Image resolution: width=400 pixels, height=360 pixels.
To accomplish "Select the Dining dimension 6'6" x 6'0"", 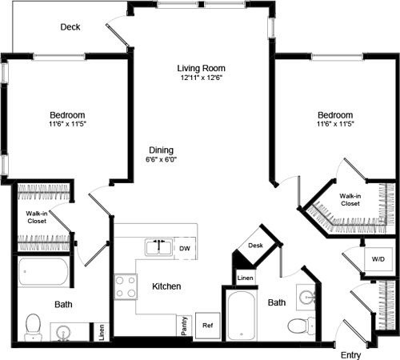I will (160, 160).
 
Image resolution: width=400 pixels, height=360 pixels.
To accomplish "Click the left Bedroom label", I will (67, 115).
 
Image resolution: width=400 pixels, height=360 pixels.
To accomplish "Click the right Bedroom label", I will (334, 115).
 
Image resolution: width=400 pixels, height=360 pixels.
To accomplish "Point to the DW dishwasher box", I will (184, 249).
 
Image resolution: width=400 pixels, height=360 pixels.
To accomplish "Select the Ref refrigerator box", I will (207, 326).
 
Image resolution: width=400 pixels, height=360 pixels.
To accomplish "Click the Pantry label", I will (184, 326).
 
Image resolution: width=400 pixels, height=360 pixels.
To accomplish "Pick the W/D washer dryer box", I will (376, 259).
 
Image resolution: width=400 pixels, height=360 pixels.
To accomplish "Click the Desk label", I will (256, 246).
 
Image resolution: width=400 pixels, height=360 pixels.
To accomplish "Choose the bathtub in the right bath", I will (241, 316).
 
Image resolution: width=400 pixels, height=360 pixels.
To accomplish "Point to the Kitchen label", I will (166, 286).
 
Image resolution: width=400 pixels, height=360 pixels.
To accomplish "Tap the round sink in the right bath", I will (307, 297).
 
